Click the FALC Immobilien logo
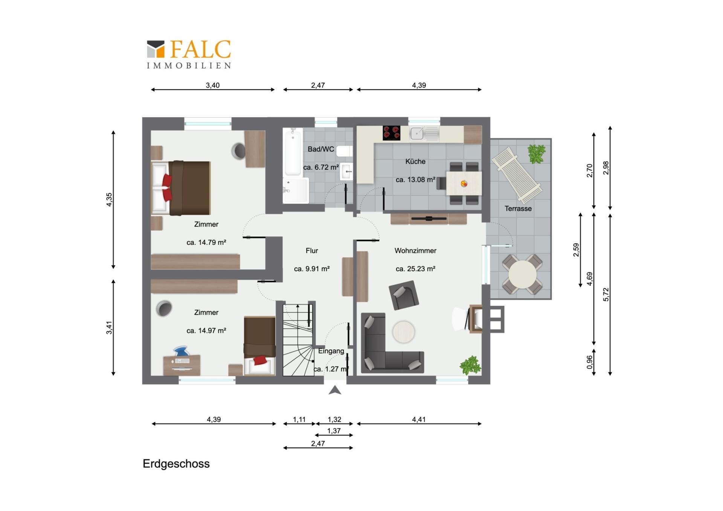coord(189,55)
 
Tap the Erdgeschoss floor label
coord(176,464)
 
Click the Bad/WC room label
coord(321,149)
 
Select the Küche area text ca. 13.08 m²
coord(415,180)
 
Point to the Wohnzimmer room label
coord(415,250)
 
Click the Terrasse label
coord(518,208)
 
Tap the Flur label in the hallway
coord(312,250)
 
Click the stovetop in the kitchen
coord(391,133)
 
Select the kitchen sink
coord(424,133)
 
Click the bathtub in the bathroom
coord(293,152)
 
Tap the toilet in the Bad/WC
coord(344,151)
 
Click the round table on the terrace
coord(522,275)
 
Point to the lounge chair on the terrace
coord(517,175)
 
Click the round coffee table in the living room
coord(404,332)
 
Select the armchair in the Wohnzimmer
coord(404,295)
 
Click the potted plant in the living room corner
coord(470,365)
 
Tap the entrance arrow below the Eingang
coord(335,390)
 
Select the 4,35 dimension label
coord(109,200)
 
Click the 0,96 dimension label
coord(590,362)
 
